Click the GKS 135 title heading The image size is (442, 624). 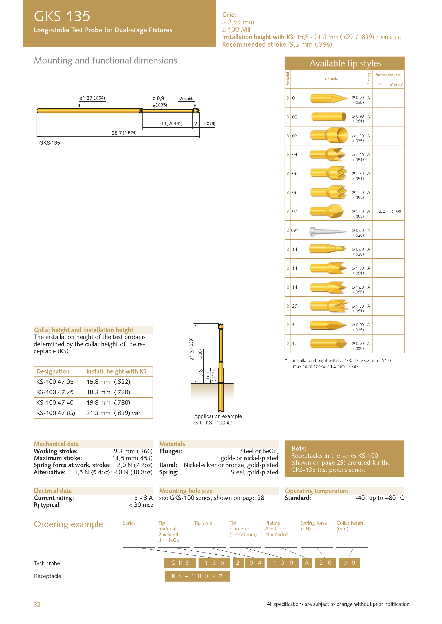(62, 16)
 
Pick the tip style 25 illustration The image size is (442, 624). (329, 306)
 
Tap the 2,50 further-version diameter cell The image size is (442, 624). (381, 212)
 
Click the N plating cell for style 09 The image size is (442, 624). (369, 230)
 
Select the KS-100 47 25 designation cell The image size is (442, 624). (55, 392)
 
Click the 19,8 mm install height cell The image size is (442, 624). (108, 403)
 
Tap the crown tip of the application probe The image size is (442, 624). (221, 325)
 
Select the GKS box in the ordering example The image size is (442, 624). (180, 563)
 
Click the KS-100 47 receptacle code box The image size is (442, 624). (197, 576)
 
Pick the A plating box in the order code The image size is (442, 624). (307, 563)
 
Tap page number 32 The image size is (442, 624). (37, 605)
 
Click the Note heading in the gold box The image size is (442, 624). (298, 448)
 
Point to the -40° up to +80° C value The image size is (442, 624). (380, 498)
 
